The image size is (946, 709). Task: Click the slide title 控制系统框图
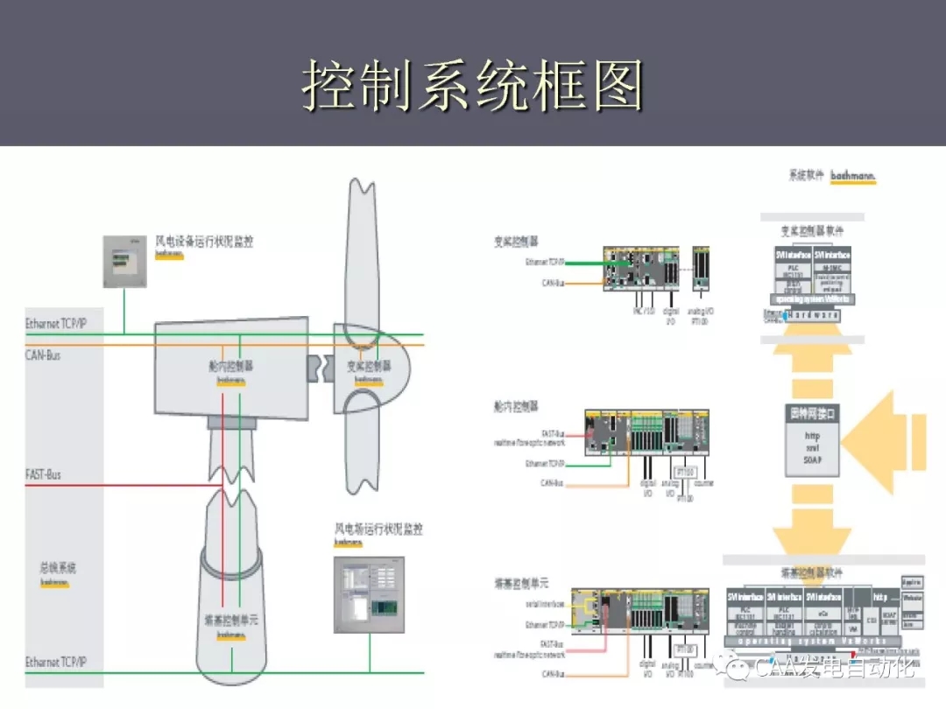point(473,86)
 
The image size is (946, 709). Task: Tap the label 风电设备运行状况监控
point(204,242)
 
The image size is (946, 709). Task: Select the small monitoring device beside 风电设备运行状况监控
point(123,262)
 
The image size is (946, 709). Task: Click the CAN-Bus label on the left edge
point(43,354)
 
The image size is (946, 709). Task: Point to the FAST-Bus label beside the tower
point(43,474)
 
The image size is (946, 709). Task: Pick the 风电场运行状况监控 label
point(378,529)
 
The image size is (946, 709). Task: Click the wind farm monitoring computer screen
point(370,593)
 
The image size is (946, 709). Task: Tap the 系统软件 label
point(806,176)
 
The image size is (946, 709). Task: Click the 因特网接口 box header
point(812,412)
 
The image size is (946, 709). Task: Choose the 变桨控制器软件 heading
point(812,231)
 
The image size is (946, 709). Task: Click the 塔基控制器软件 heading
point(812,572)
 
